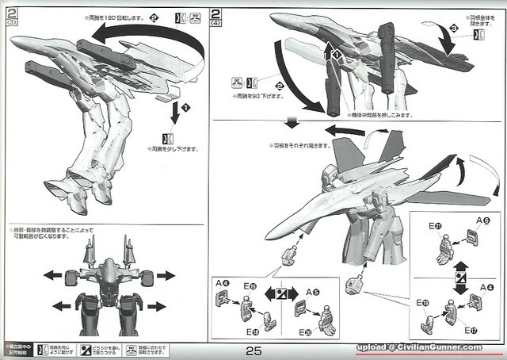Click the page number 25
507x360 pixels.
[253, 350]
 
